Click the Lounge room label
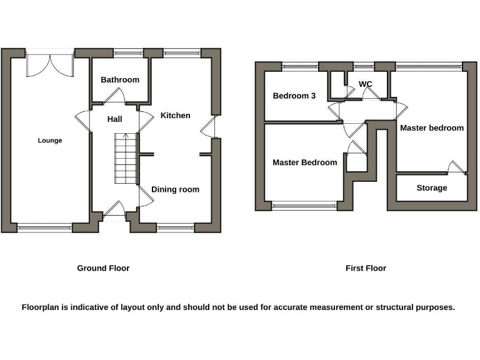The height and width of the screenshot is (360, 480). click(50, 141)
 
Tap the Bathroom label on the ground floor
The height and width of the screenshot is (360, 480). click(120, 80)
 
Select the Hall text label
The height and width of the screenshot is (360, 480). click(114, 119)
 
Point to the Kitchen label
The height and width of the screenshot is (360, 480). click(176, 116)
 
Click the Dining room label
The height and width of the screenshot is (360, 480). click(176, 189)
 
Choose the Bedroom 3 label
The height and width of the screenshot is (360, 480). click(294, 96)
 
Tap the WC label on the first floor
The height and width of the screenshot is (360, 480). click(366, 84)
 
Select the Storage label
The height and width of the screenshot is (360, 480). click(432, 187)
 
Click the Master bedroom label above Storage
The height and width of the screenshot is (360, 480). click(432, 128)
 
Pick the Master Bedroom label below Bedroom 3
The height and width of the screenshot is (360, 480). click(304, 162)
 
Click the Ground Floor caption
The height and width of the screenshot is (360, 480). click(103, 268)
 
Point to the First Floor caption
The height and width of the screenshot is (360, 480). click(366, 268)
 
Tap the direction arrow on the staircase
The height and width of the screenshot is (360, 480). click(126, 136)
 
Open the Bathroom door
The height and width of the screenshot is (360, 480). click(115, 96)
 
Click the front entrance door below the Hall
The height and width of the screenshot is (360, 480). click(114, 209)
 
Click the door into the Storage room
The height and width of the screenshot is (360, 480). click(456, 167)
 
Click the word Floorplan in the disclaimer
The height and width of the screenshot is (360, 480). click(41, 307)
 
